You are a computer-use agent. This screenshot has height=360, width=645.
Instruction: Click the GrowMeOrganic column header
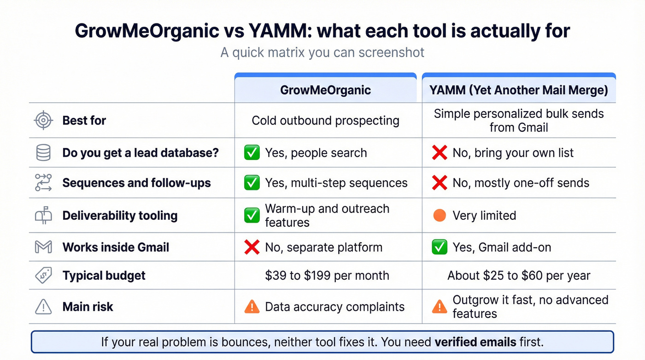[x=325, y=90]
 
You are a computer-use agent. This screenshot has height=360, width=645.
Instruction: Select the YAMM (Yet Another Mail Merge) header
[x=519, y=90]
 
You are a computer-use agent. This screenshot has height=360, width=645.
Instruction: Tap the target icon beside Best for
[x=43, y=121]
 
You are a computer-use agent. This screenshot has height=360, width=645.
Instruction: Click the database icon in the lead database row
[x=43, y=153]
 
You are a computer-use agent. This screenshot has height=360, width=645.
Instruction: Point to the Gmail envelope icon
[x=43, y=247]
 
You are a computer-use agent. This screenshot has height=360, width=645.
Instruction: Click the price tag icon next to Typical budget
[x=43, y=276]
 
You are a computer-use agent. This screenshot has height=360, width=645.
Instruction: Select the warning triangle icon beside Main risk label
[x=43, y=307]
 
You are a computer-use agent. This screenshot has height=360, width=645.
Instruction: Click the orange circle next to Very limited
[x=440, y=215]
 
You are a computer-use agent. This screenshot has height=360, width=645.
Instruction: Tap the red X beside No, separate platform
[x=252, y=247]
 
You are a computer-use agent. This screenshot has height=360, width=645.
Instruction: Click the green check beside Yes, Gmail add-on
[x=440, y=247]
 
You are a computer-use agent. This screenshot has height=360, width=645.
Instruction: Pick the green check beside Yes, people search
[x=252, y=153]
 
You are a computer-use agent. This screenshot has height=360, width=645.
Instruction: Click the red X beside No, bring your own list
[x=440, y=153]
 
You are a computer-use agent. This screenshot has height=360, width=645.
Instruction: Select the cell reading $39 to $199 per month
[x=327, y=276]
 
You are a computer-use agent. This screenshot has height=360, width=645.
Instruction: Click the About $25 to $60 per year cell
[x=519, y=276]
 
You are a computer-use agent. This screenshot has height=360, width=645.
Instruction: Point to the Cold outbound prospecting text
[x=325, y=121]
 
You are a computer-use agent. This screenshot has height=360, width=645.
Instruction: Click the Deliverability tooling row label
[x=120, y=215]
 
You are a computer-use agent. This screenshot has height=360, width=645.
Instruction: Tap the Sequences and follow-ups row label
[x=136, y=183]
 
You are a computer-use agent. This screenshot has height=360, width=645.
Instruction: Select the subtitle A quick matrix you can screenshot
[x=322, y=52]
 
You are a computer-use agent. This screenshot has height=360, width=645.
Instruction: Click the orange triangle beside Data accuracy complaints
[x=252, y=307]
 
